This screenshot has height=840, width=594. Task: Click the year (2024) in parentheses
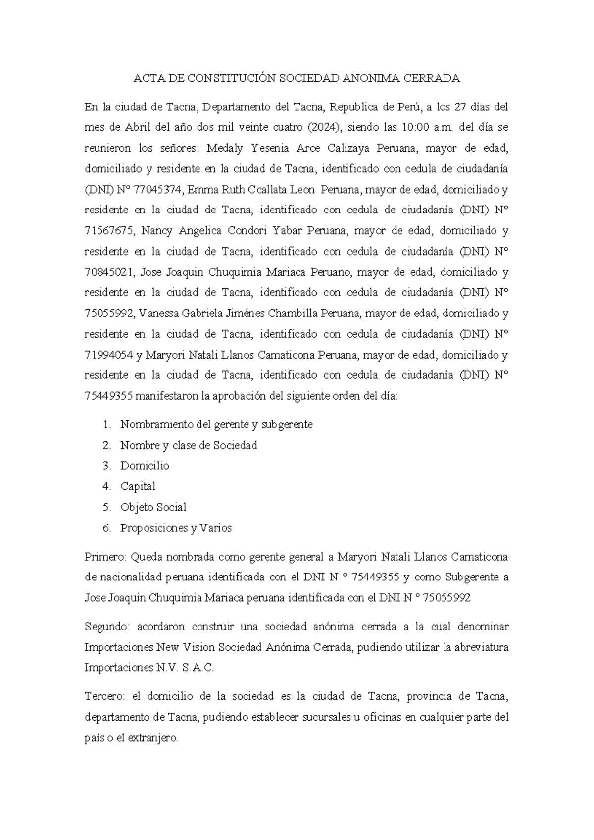tap(324, 127)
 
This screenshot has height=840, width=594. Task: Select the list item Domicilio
tap(145, 466)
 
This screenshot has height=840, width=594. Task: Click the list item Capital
tap(138, 486)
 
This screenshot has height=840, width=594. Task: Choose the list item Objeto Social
tap(153, 507)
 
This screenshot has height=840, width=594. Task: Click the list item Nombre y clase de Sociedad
tap(189, 445)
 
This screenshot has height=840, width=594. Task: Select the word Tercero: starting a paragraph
tap(105, 696)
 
